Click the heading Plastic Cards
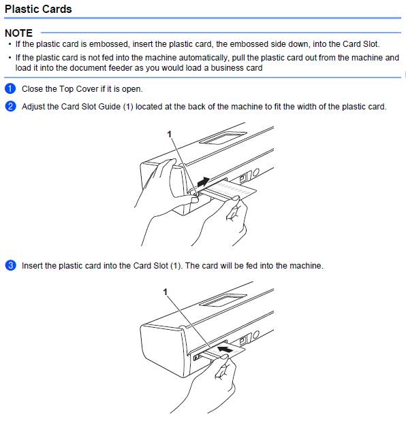click(x=38, y=10)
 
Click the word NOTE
click(x=18, y=33)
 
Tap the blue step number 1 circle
click(x=10, y=89)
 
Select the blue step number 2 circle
click(x=10, y=106)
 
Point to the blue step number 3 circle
click(x=10, y=265)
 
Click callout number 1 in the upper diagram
click(x=169, y=134)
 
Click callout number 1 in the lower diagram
click(x=165, y=292)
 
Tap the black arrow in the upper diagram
click(x=204, y=182)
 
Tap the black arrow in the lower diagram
click(x=225, y=349)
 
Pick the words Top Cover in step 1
click(x=79, y=89)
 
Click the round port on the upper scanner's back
click(x=255, y=173)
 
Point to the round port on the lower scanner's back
click(x=255, y=334)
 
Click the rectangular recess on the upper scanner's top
click(x=223, y=137)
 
